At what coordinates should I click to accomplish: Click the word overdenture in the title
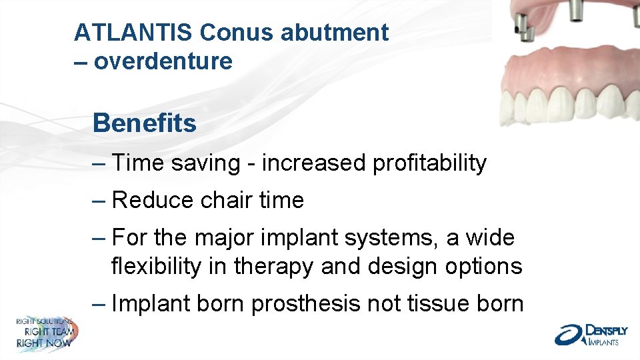coord(163,61)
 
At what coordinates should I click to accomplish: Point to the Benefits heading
coord(145,123)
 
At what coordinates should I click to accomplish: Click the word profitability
coord(430,163)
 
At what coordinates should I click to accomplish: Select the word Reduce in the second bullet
coord(151,200)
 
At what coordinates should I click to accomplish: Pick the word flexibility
coord(155,266)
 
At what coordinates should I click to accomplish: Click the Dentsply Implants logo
coord(589,334)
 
